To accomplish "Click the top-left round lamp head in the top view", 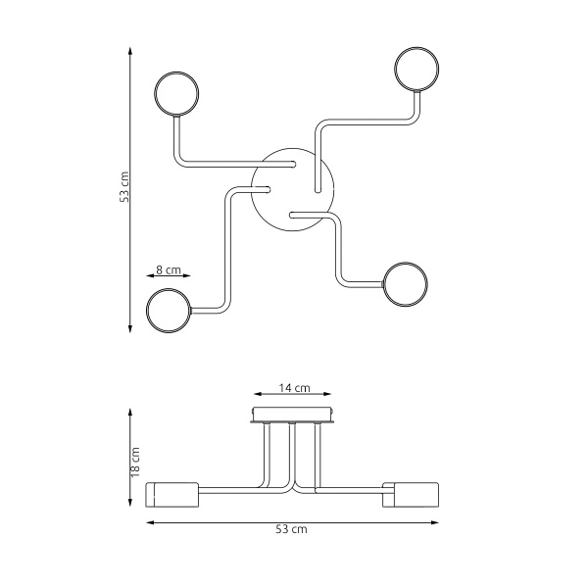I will [177, 94].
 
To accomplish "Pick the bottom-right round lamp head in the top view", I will [405, 284].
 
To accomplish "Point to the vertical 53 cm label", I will [123, 186].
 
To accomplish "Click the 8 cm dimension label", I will [169, 269].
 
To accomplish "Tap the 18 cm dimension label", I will [136, 460].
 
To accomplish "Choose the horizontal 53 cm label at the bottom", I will [292, 530].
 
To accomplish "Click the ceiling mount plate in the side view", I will [295, 416].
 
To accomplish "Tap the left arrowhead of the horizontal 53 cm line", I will [149, 522].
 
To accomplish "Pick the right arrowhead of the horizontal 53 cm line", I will [439, 522].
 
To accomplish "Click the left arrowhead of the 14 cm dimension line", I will [255, 397].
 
